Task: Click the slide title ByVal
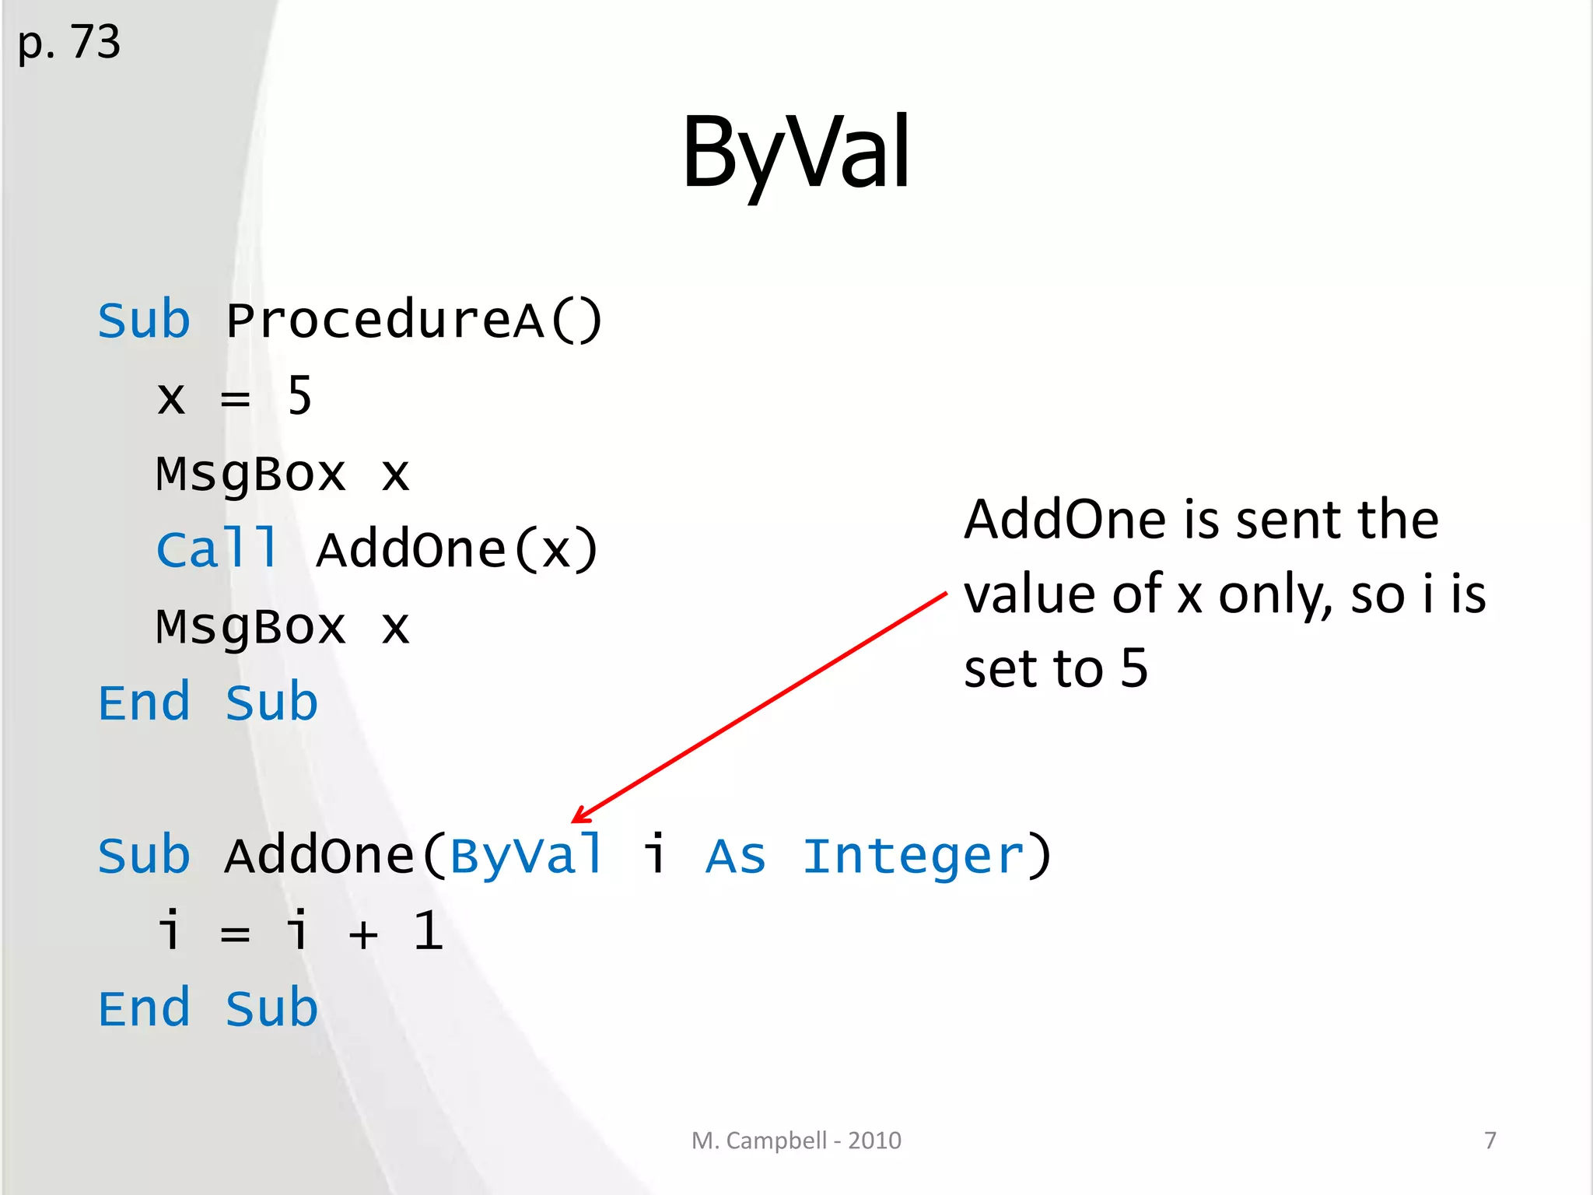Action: click(795, 152)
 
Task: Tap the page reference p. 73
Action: click(68, 42)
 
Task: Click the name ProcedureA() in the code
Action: click(414, 321)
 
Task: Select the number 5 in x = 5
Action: click(299, 396)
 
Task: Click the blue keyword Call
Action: click(216, 549)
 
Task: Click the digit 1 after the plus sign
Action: click(428, 931)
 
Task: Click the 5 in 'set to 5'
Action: click(1134, 668)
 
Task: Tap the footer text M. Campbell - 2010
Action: click(796, 1141)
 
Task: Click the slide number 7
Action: click(1490, 1141)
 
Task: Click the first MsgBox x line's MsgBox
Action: click(250, 474)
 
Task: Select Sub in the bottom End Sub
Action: click(271, 1009)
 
